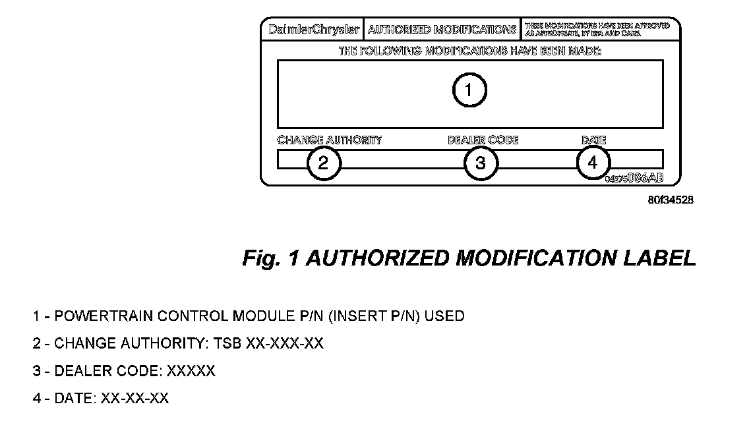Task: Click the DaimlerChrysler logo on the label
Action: coord(315,30)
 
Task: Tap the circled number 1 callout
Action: coord(469,90)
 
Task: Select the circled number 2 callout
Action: coord(323,163)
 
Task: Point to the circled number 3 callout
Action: coord(480,163)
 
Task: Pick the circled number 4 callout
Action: coord(593,162)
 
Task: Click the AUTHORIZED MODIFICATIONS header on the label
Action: coord(442,30)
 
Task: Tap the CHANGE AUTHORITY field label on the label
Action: coord(330,140)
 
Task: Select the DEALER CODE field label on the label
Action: coord(483,140)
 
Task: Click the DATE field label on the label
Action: coord(593,140)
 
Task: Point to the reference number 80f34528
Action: coord(671,198)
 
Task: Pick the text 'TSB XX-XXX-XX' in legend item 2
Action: coord(284,344)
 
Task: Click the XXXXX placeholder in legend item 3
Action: coord(191,372)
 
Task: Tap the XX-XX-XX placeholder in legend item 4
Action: coord(134,399)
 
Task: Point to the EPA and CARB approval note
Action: coord(597,30)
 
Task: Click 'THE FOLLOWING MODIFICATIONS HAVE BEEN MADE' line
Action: coord(470,51)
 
